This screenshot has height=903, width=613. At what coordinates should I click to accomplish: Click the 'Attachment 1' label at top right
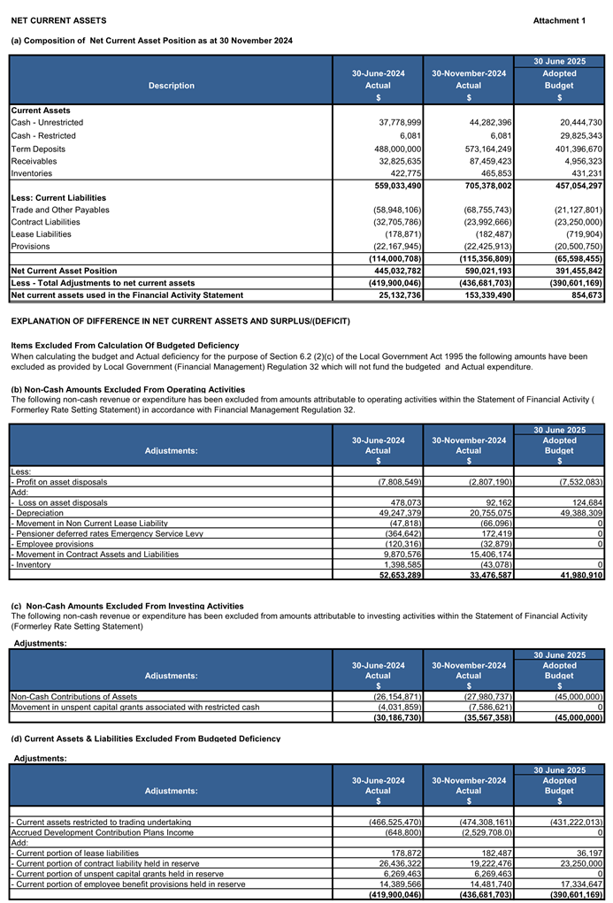pyautogui.click(x=559, y=20)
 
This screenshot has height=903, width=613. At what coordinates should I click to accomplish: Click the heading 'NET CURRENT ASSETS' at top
pyautogui.click(x=58, y=20)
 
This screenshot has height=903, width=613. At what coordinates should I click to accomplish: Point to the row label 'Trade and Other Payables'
pyautogui.click(x=60, y=210)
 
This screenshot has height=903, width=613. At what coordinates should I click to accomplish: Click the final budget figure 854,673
pyautogui.click(x=584, y=294)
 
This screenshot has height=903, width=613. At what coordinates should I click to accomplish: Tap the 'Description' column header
pyautogui.click(x=172, y=86)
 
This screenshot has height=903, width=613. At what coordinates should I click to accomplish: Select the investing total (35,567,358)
pyautogui.click(x=479, y=718)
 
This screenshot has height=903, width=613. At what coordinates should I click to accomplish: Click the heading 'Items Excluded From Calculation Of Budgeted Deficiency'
pyautogui.click(x=125, y=344)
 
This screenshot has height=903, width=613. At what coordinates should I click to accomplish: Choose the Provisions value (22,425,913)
pyautogui.click(x=479, y=246)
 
